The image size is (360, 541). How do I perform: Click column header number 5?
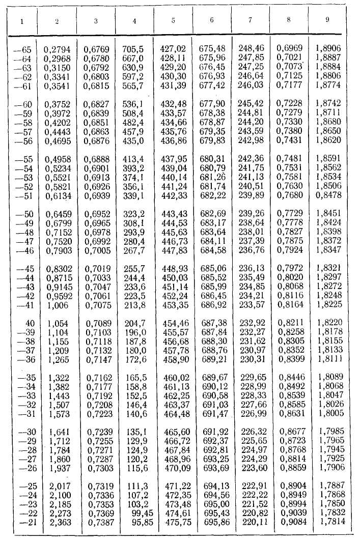pyautogui.click(x=173, y=21)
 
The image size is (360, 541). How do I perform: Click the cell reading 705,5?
pyautogui.click(x=133, y=49)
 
